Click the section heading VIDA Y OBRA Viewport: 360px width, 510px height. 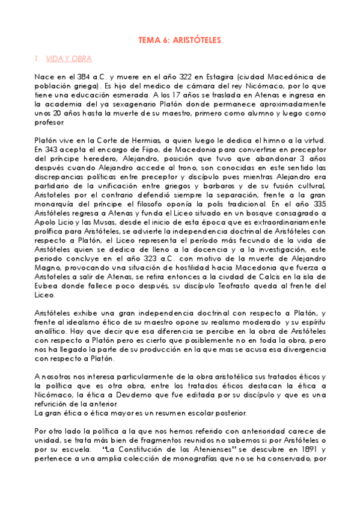click(x=69, y=59)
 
